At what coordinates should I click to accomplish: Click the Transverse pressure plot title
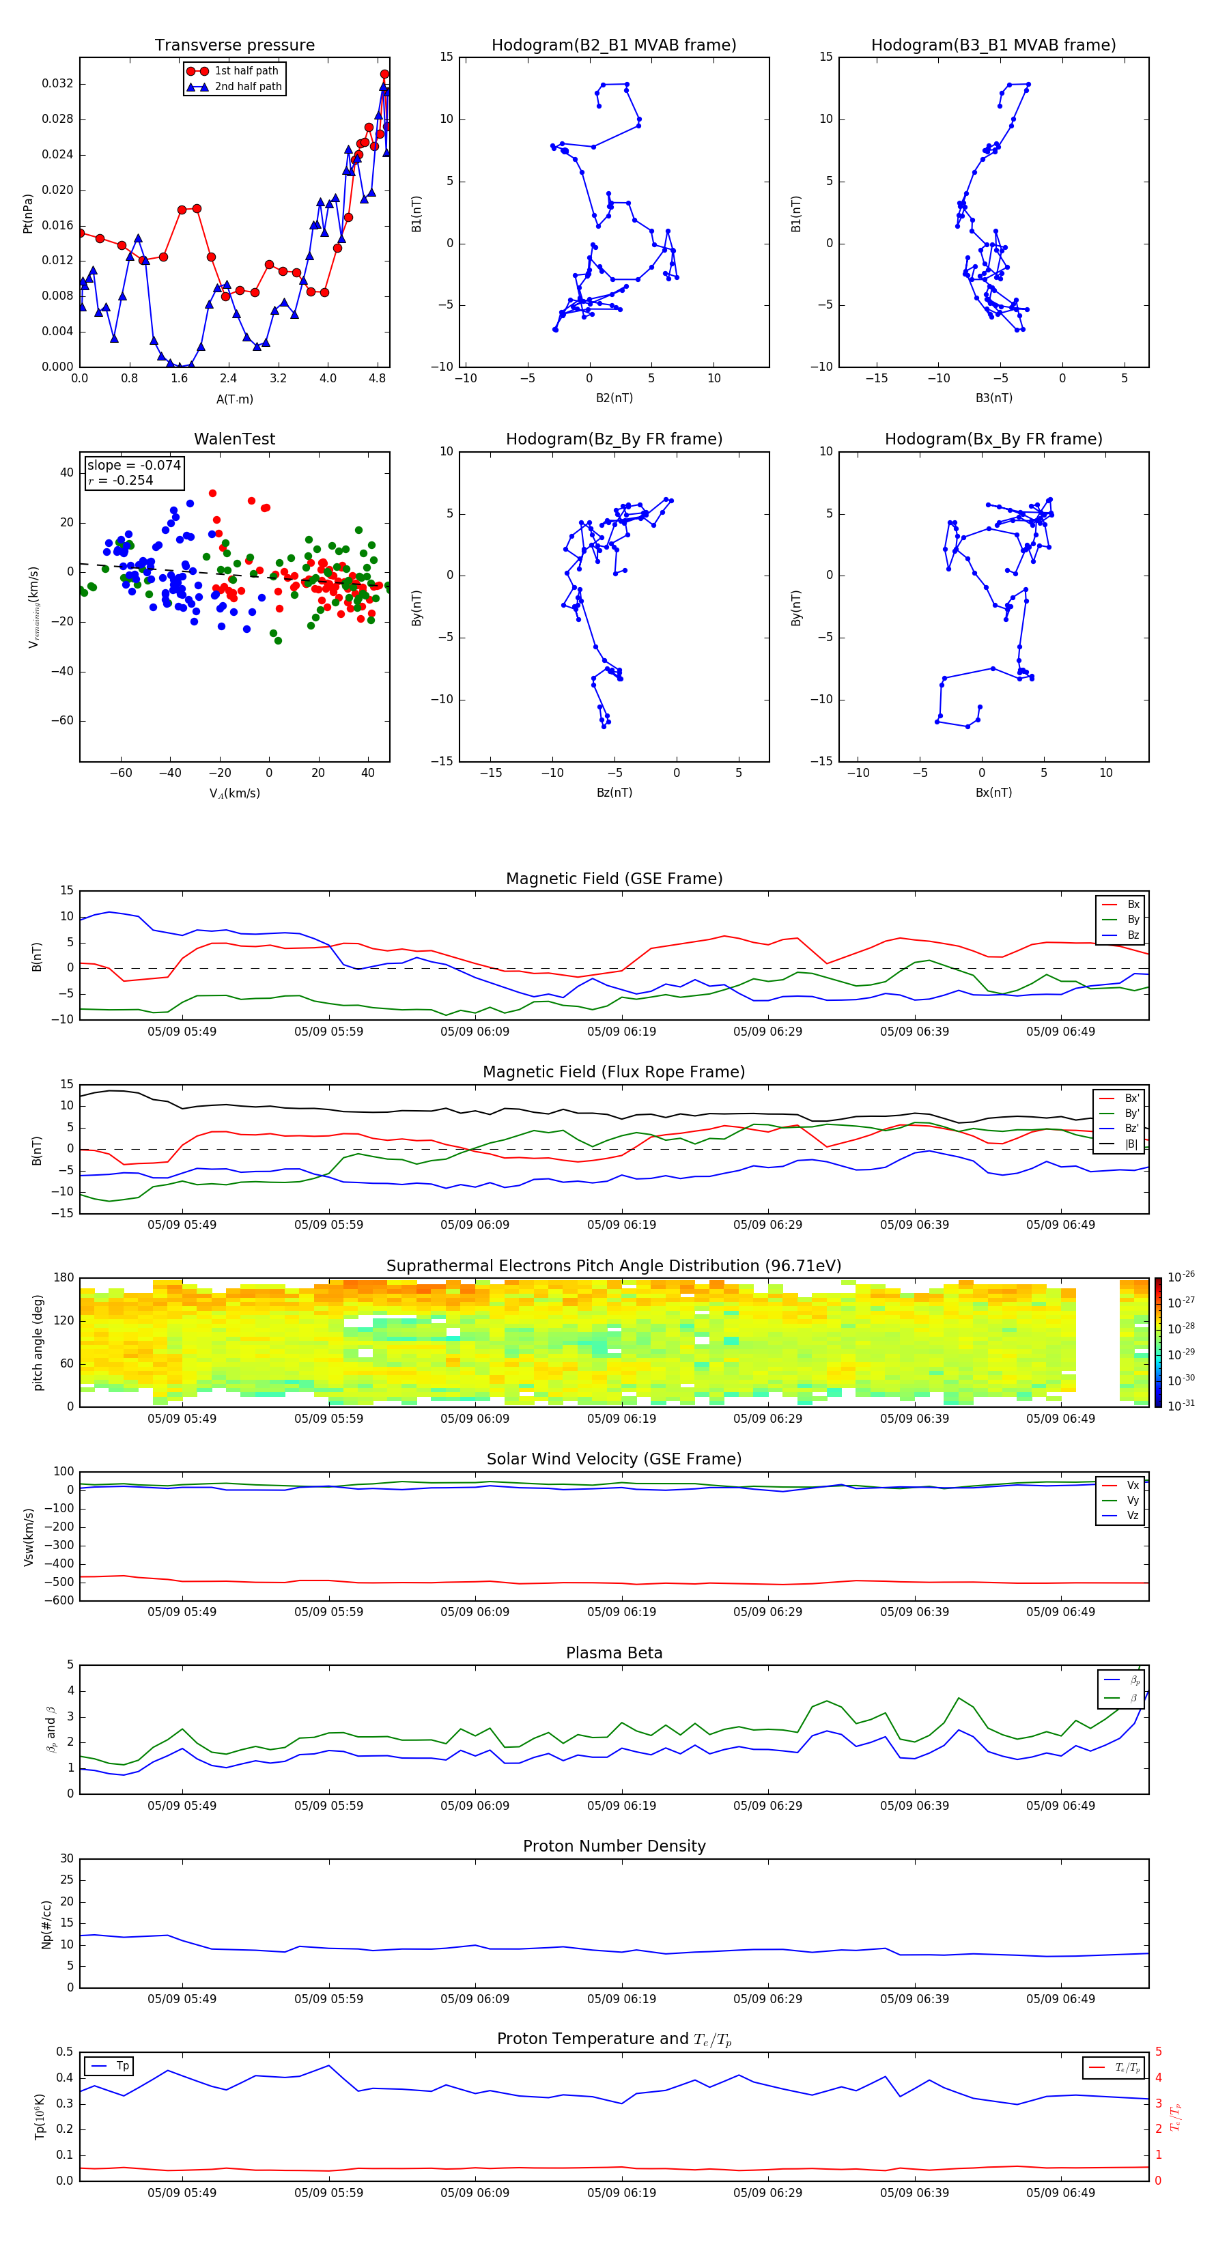(234, 46)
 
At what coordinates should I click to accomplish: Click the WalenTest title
(234, 439)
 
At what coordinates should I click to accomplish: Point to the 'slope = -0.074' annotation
(134, 466)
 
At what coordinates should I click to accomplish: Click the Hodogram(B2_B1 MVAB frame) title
(613, 46)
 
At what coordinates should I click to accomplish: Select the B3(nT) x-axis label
(993, 398)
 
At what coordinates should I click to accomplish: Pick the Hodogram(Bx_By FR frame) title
(993, 439)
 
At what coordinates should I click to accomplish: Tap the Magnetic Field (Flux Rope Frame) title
(613, 1073)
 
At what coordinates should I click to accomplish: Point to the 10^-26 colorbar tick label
(1181, 1277)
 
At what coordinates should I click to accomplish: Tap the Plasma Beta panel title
(613, 1653)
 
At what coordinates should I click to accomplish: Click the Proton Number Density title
(613, 1846)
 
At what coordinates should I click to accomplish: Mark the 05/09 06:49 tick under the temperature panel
(1060, 2193)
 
